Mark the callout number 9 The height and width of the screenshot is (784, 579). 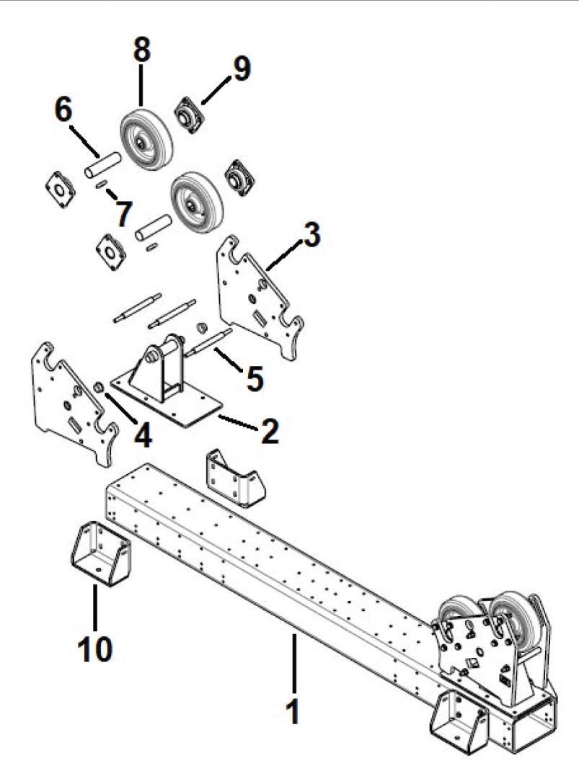tap(239, 70)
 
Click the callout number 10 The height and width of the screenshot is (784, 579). tap(94, 648)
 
